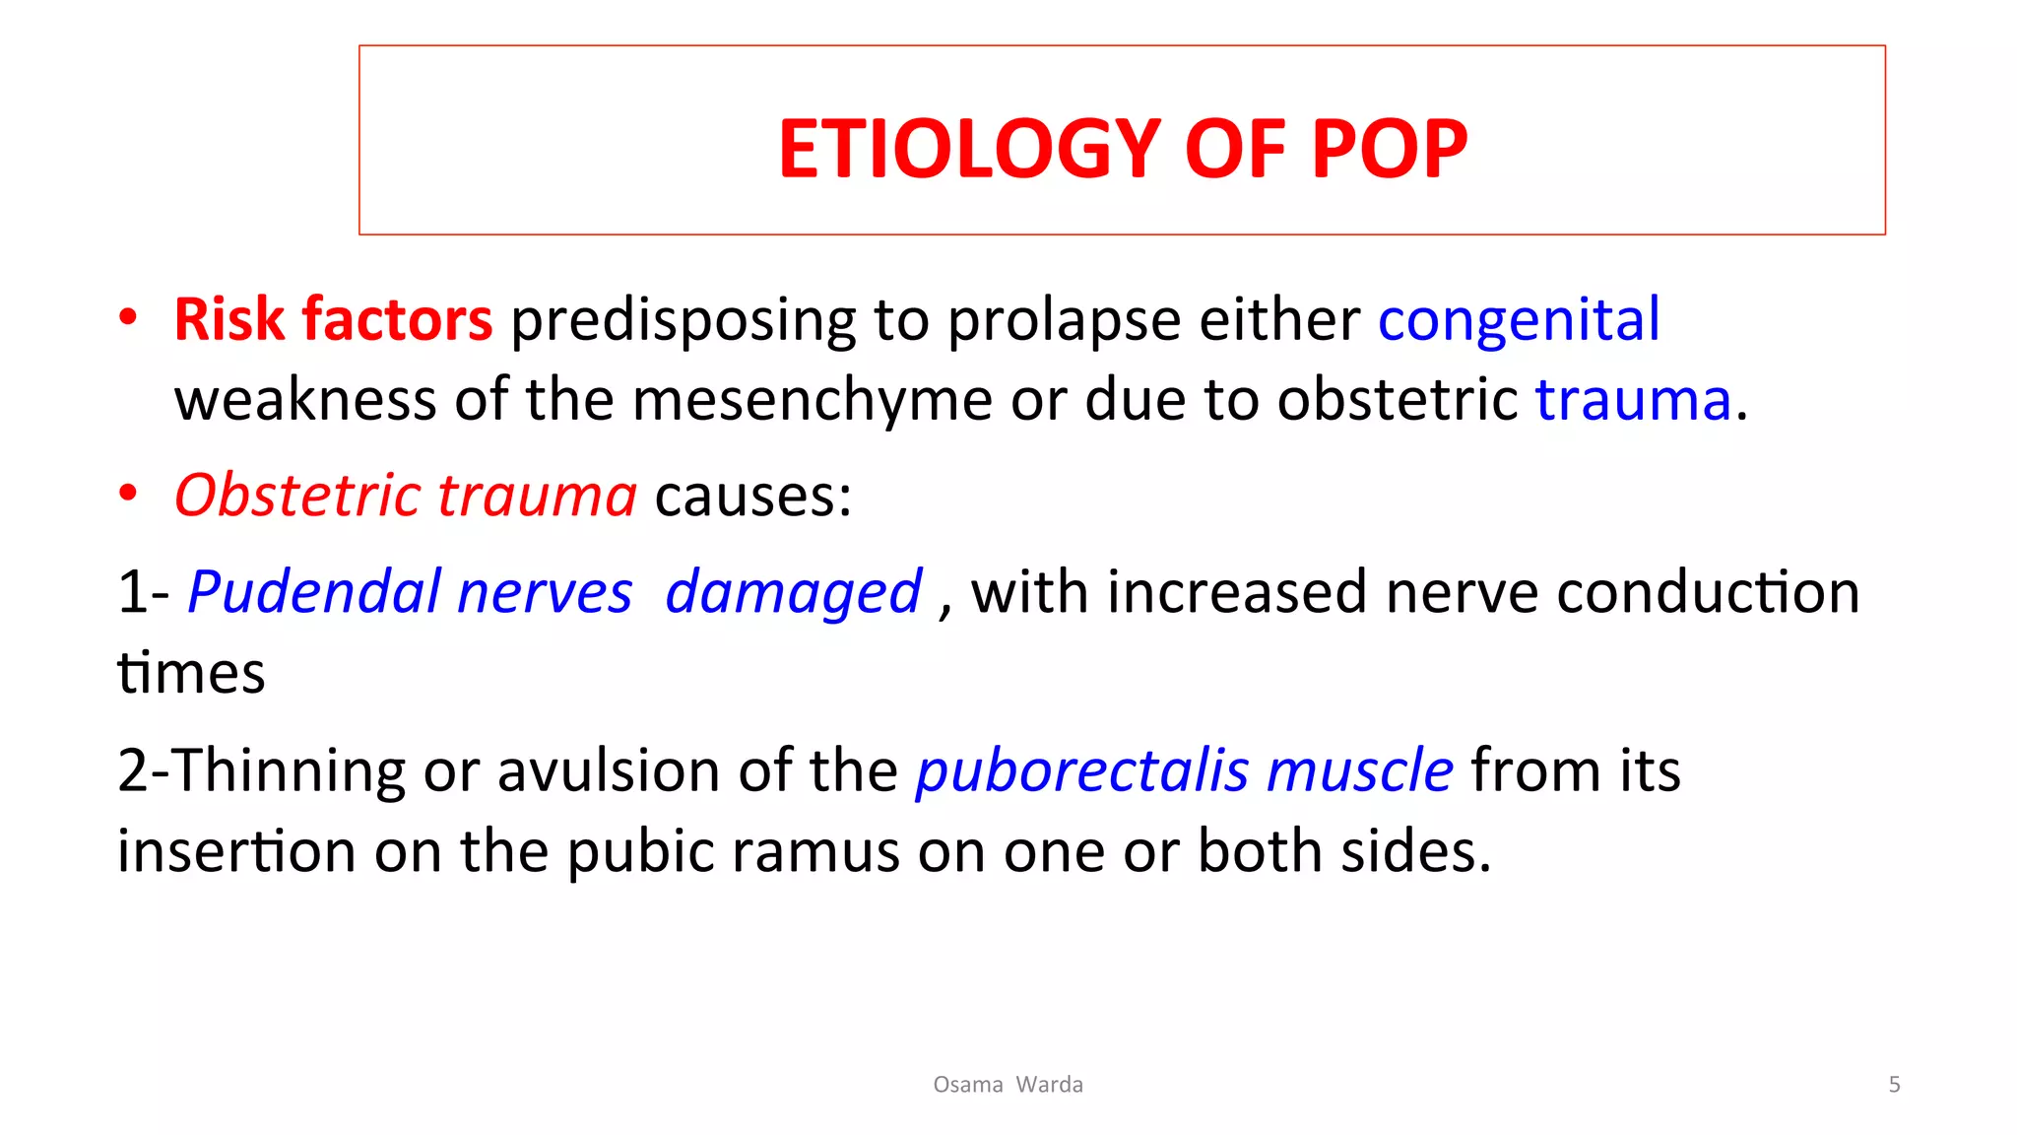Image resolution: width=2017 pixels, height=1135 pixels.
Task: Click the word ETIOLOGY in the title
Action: tap(969, 149)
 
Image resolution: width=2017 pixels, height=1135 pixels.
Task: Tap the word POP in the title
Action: tap(1389, 149)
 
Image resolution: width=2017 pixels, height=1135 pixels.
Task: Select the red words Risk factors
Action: tap(333, 319)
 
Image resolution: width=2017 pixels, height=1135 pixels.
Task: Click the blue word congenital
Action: tap(1519, 319)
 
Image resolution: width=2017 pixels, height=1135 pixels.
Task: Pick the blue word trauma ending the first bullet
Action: tap(1633, 400)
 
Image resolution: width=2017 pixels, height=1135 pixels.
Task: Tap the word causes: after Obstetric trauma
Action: tap(752, 495)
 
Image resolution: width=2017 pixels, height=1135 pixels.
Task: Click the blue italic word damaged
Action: tap(793, 592)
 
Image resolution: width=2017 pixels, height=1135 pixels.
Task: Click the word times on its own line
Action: tap(191, 674)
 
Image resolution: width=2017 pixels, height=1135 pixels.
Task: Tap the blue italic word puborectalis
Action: tap(1082, 770)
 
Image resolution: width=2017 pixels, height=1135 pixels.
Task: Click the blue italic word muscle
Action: tap(1359, 770)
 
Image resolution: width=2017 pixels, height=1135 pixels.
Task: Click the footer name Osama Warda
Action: tap(1008, 1085)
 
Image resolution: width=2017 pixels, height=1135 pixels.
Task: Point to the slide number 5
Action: tap(1894, 1085)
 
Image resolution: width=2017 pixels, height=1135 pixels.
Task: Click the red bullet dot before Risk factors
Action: tap(127, 318)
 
